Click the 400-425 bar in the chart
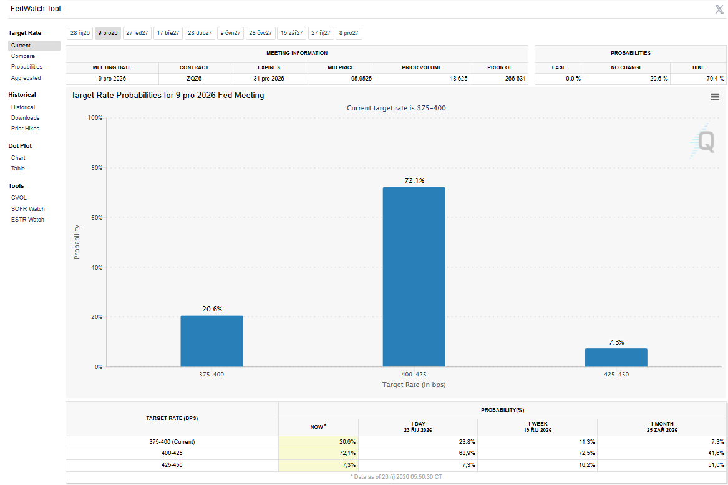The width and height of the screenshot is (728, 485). [414, 277]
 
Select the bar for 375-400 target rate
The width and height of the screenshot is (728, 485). [211, 341]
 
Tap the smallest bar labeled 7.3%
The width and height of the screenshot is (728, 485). [616, 358]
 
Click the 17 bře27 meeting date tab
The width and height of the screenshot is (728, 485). [168, 33]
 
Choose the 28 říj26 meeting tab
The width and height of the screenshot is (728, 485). [80, 33]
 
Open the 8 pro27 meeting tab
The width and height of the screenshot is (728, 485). [349, 33]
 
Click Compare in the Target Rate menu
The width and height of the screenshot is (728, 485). [22, 56]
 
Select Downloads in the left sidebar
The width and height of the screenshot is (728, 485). [25, 118]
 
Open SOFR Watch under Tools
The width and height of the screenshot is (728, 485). [28, 209]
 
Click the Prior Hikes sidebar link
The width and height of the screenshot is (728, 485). [25, 129]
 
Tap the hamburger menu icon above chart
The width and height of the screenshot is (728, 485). [715, 97]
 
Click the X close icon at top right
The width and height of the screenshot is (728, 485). [719, 9]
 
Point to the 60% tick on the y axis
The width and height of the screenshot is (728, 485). [97, 217]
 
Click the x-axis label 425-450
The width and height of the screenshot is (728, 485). [616, 375]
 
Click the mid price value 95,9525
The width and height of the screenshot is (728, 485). [361, 79]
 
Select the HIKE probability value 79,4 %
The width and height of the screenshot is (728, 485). [715, 79]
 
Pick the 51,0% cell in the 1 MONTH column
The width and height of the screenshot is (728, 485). [716, 465]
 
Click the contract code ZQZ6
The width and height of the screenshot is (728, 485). [194, 79]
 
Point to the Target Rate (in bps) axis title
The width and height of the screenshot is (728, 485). [414, 385]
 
